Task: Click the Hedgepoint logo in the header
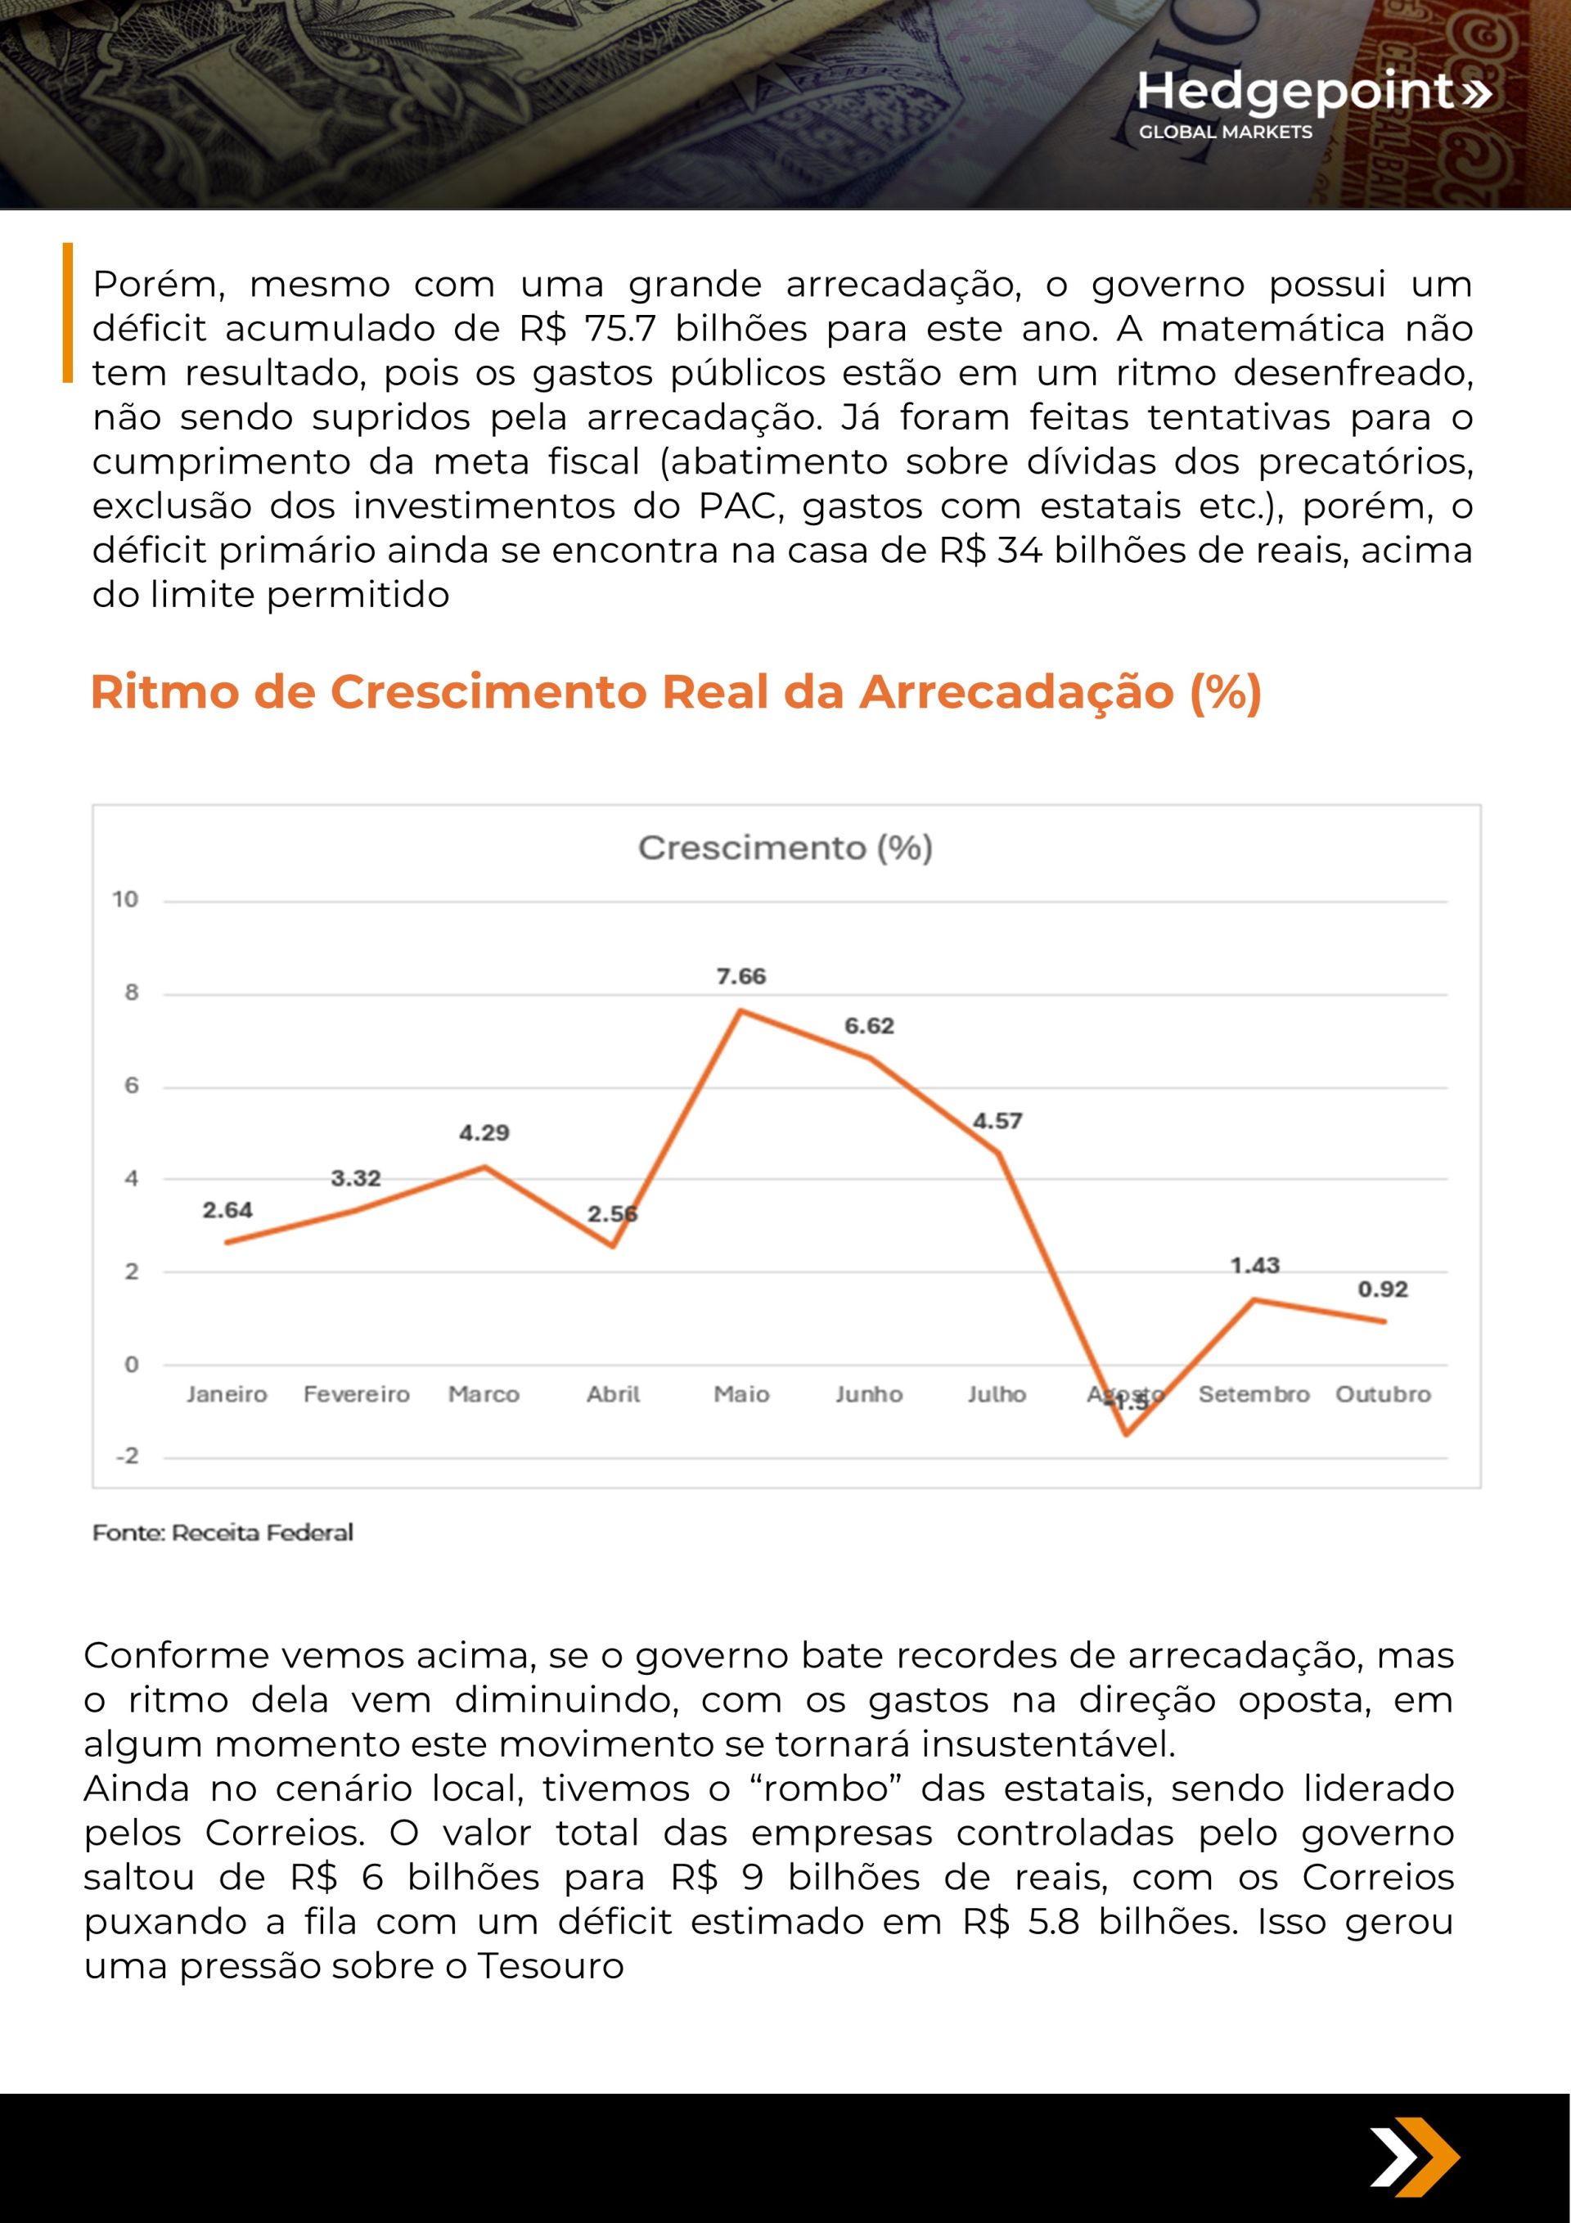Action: (x=1312, y=101)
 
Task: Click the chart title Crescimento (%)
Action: (x=785, y=848)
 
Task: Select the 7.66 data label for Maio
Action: (x=741, y=976)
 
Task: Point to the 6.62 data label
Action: (x=869, y=1026)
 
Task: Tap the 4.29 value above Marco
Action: (x=484, y=1133)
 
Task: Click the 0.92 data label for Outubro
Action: (x=1382, y=1289)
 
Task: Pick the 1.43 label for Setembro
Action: (x=1254, y=1266)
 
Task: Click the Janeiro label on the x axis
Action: (x=227, y=1394)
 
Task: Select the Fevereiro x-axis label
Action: (x=357, y=1394)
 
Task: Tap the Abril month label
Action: (x=613, y=1394)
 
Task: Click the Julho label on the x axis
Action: (x=997, y=1394)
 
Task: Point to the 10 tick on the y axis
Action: (x=125, y=899)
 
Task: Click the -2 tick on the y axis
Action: (x=127, y=1456)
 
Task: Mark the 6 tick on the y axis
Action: (x=132, y=1086)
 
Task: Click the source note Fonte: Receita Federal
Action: (x=223, y=1532)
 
